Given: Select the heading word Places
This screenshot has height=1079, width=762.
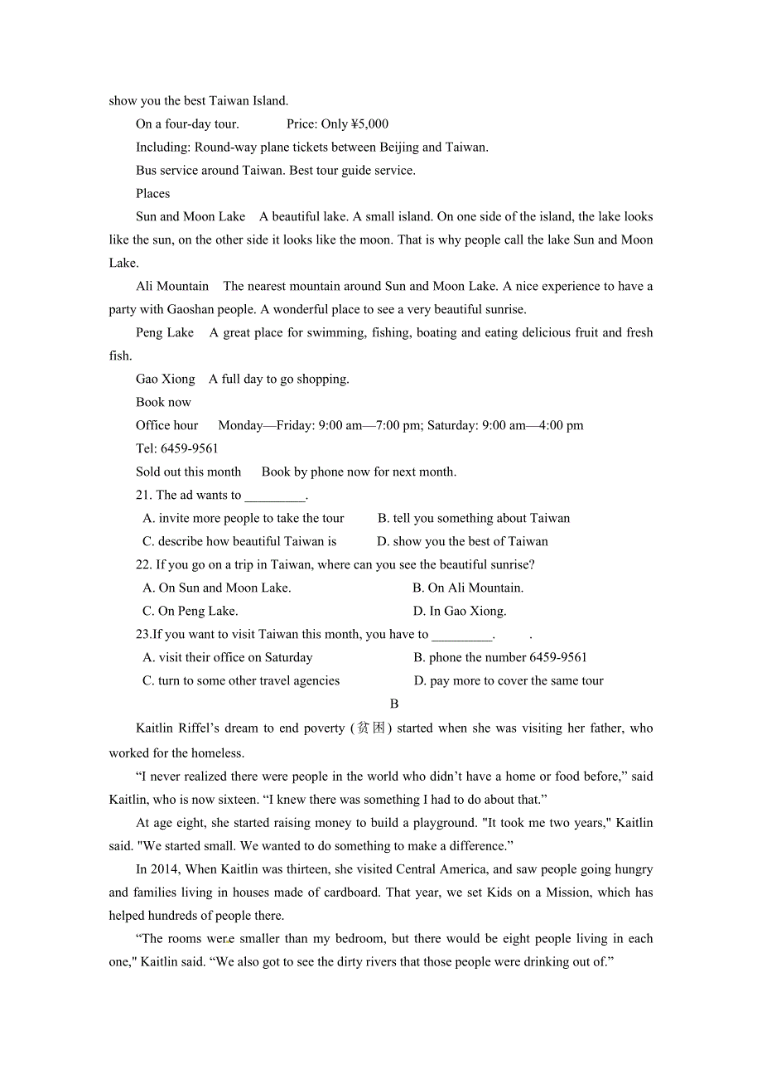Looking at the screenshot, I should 153,194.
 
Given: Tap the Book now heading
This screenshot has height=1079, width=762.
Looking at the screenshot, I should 163,403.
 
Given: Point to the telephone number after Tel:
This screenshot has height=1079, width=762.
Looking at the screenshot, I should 190,449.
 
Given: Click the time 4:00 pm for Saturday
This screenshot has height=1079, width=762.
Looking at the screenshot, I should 562,426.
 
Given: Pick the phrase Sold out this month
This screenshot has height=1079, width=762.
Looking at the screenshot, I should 189,472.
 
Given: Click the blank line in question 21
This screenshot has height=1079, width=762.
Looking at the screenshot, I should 275,496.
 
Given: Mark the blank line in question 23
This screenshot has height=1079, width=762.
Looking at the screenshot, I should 462,636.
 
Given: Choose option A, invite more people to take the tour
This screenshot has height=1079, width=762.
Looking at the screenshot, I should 244,519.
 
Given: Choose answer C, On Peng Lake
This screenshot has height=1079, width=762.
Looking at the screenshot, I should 190,612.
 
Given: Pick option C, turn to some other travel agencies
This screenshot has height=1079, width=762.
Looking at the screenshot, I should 241,681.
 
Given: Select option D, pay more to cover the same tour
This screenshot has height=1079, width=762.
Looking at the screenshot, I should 509,681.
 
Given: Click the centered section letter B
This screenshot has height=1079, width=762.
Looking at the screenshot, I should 394,704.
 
